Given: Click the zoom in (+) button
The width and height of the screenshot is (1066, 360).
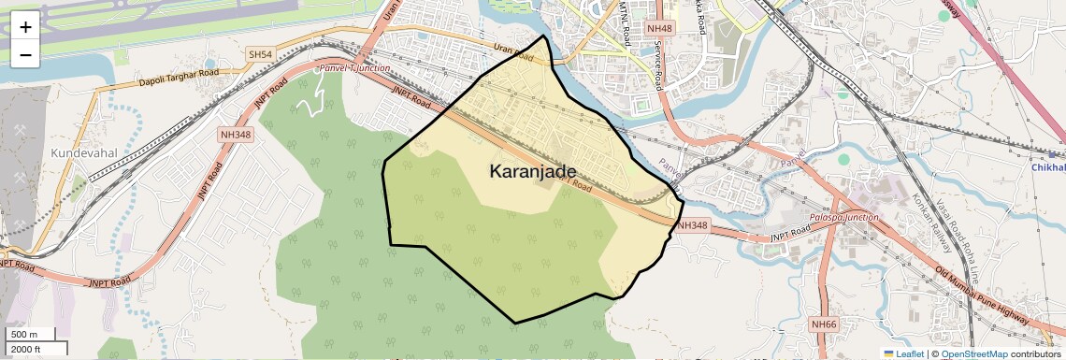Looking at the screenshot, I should click(x=25, y=27).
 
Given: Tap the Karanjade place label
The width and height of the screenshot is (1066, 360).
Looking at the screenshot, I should click(x=533, y=171).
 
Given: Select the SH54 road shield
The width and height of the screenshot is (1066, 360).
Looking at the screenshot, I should click(x=260, y=56).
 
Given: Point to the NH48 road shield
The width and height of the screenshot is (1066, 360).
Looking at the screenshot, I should click(x=660, y=29).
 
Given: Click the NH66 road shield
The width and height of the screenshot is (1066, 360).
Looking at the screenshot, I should click(x=824, y=324).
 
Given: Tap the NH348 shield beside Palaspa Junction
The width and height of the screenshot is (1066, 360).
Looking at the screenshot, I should click(x=693, y=225).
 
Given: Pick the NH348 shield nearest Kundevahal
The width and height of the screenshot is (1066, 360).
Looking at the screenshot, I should click(x=236, y=135).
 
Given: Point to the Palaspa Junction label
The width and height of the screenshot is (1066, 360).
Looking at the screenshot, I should click(x=847, y=217).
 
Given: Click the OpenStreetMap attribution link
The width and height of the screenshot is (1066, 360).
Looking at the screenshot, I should click(x=973, y=354).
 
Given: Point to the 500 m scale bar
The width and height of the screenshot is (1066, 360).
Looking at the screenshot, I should click(x=32, y=335).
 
